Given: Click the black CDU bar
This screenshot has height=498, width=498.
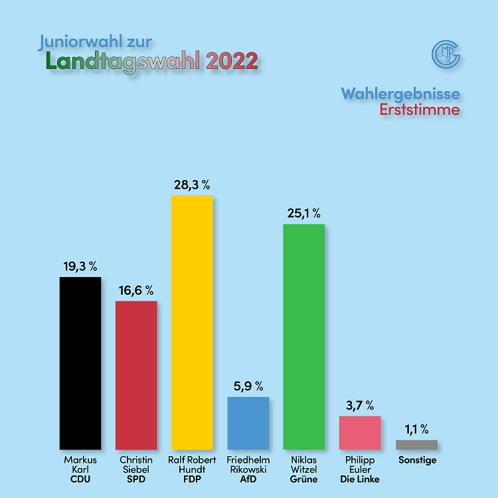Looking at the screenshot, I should (x=80, y=363).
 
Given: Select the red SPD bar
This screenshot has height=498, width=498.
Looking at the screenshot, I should (x=136, y=375).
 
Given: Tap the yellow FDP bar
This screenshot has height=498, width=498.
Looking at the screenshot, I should (x=192, y=322).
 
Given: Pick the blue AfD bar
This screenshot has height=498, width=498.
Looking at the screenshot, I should (x=248, y=423).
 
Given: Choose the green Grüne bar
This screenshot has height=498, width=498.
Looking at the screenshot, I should (x=304, y=337).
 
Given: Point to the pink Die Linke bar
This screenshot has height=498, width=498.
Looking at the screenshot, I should (x=360, y=432).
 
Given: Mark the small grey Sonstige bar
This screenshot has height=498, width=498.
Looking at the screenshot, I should (x=416, y=444).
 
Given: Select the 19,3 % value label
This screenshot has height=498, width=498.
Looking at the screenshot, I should (x=80, y=266).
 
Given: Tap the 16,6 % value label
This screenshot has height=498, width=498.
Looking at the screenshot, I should (x=136, y=290).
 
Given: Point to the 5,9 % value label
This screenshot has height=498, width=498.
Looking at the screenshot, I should (x=248, y=386).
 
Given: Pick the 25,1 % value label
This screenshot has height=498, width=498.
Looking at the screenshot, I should (x=304, y=213).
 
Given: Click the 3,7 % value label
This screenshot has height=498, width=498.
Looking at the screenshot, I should (x=360, y=404).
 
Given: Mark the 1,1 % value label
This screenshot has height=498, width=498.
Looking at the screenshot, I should (x=416, y=429).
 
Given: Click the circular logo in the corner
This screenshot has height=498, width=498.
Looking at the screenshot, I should (x=446, y=54).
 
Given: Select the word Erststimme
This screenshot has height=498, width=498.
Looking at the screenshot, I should (x=419, y=110).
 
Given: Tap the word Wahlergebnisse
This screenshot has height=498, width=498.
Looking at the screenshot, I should (x=400, y=93).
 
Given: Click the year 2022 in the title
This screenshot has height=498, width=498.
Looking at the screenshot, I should (x=232, y=61).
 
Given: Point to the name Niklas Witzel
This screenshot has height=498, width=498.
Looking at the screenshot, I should (x=304, y=464).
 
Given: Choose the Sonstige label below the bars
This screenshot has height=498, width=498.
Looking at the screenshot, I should (x=417, y=459).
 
